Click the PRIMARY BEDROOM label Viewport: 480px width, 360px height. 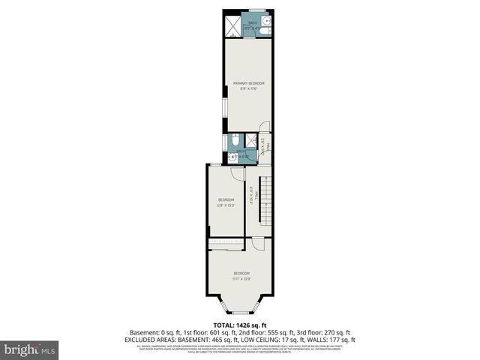tap(248, 82)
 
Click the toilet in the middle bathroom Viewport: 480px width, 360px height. tap(234, 140)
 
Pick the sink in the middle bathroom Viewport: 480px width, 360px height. tap(233, 157)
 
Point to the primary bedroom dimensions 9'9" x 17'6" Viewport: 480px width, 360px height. tap(248, 88)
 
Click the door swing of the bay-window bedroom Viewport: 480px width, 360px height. tap(257, 244)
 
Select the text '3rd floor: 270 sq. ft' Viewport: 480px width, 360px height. tap(324, 332)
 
